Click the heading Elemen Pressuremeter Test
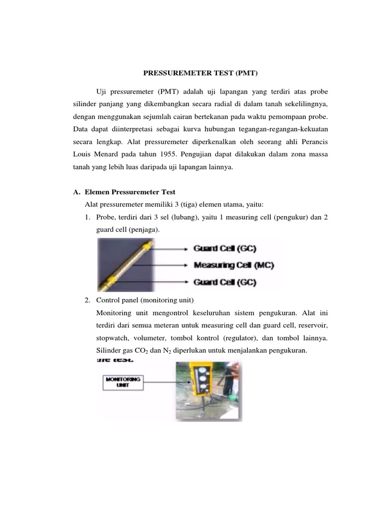pyautogui.click(x=130, y=192)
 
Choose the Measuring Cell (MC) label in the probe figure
pyautogui.click(x=234, y=265)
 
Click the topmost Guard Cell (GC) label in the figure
pyautogui.click(x=224, y=248)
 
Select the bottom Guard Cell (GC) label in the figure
pyautogui.click(x=224, y=282)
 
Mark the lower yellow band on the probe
pyautogui.click(x=117, y=279)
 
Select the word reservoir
pyautogui.click(x=312, y=325)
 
